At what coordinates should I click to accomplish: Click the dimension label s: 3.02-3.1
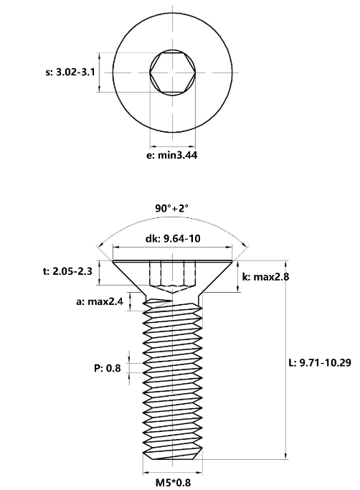pos(70,72)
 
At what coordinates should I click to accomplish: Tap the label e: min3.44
pos(172,155)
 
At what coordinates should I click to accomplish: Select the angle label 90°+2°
pos(172,208)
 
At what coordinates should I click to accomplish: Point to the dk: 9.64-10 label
pos(173,238)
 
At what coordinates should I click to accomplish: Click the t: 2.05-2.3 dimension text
pos(67,271)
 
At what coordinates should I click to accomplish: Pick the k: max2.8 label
pos(265,276)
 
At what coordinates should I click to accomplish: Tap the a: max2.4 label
pos(100,301)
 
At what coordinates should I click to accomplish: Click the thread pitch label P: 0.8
pos(107,368)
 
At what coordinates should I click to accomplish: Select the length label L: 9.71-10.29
pos(320,362)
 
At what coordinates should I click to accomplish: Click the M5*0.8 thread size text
pos(173,483)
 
